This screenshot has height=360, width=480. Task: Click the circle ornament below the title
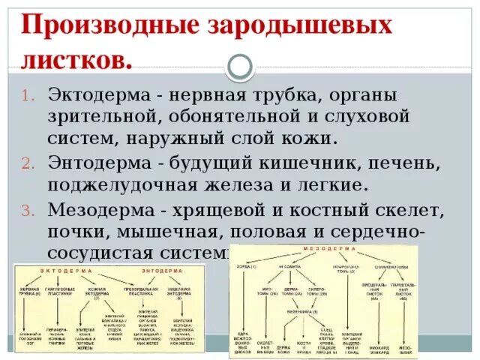point(240,67)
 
